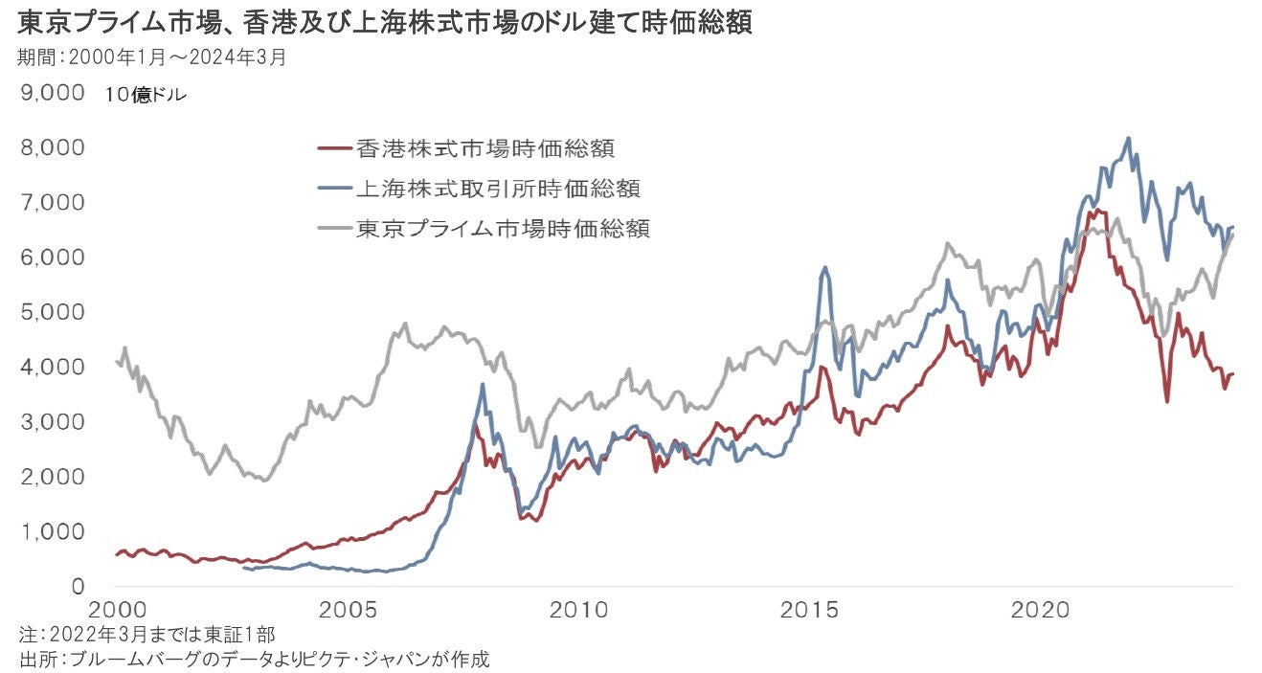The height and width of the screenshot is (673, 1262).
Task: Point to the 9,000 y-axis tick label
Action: [47, 93]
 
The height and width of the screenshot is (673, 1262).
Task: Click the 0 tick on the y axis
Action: [79, 586]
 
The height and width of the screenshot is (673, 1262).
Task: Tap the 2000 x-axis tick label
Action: [117, 611]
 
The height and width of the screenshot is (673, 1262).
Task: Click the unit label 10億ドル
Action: [146, 95]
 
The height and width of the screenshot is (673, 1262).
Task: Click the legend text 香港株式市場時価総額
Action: [485, 148]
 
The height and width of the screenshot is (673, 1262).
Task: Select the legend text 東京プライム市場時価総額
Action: [504, 229]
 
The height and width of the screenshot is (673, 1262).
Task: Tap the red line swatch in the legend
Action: [332, 148]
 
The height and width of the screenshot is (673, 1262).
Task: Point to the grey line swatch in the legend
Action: [332, 229]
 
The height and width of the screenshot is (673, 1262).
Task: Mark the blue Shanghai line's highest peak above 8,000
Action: [1128, 138]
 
